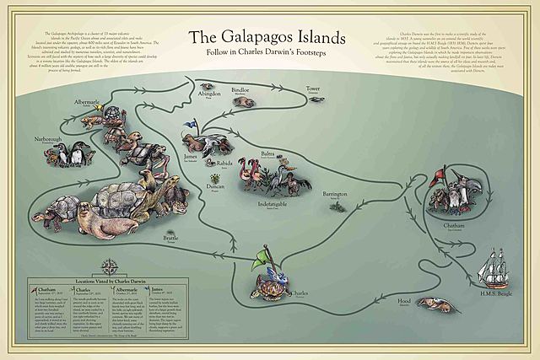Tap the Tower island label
(314, 88)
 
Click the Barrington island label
(336, 193)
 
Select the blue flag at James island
(192, 124)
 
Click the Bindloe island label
(240, 88)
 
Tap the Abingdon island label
(209, 94)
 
